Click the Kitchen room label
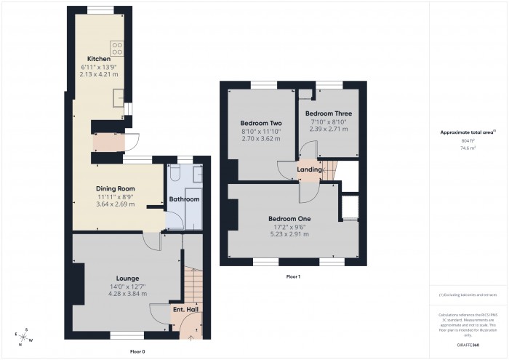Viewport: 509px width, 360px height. [99, 59]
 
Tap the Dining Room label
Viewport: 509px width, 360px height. [116, 188]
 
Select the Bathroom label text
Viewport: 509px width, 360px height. [184, 199]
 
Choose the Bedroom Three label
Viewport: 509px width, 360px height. [328, 114]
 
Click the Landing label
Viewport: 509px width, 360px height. [310, 169]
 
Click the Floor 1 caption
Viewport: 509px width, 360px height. [293, 277]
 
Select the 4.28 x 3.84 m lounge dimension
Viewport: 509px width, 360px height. [127, 294]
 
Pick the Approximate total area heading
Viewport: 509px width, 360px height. [468, 132]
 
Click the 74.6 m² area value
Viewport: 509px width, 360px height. [468, 147]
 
